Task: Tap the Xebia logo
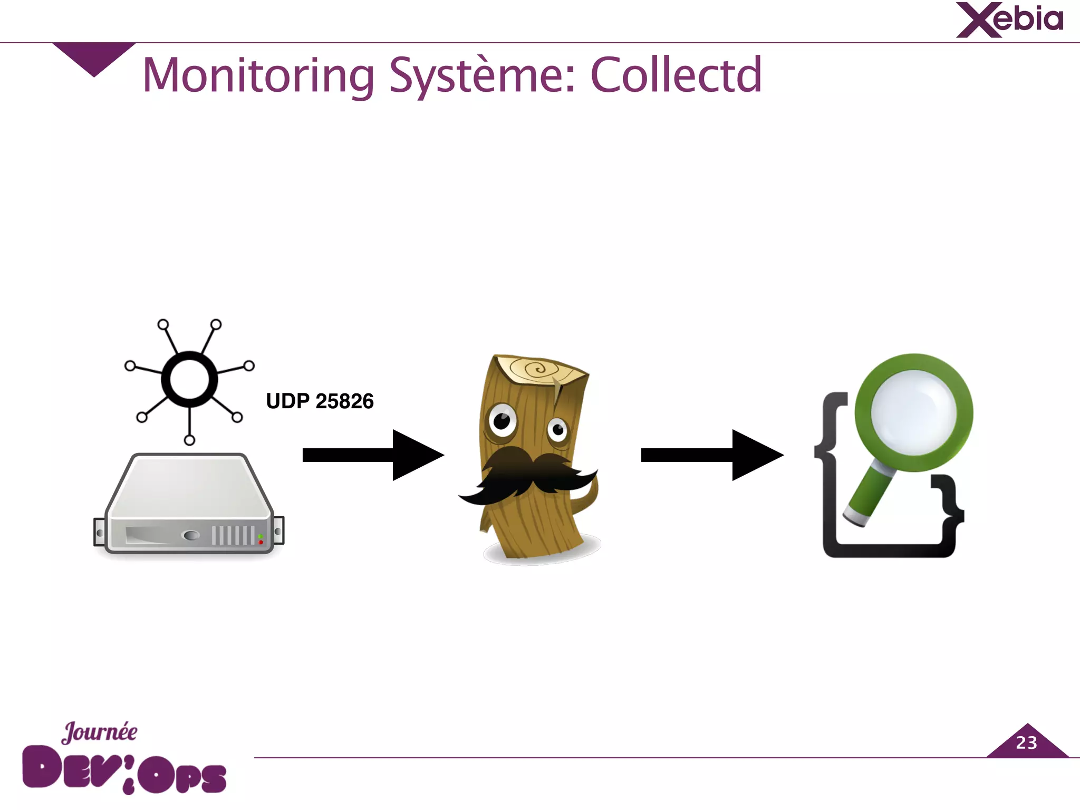1010,21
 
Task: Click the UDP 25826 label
320,401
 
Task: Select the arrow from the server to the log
372,455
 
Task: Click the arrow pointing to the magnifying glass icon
711,455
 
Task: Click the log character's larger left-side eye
502,421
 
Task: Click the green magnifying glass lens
914,412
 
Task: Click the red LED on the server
261,542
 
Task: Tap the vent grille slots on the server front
233,535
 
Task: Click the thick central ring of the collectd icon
189,380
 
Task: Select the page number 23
1026,743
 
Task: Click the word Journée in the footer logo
100,732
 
